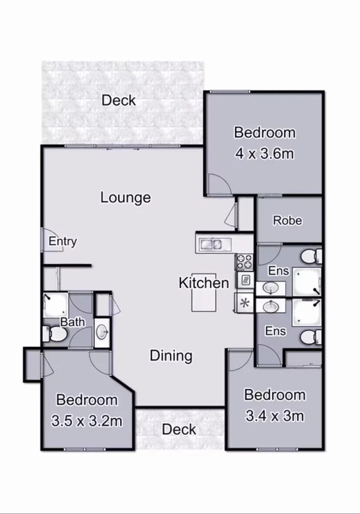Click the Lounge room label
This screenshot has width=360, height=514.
click(126, 198)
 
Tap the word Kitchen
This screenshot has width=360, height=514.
click(204, 283)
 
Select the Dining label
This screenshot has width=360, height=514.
click(171, 356)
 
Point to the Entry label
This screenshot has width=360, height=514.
click(62, 241)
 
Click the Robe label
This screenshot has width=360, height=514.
click(287, 220)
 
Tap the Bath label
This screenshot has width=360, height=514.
click(72, 322)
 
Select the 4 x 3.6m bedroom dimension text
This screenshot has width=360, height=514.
click(264, 154)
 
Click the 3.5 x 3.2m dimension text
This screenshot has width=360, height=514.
click(87, 421)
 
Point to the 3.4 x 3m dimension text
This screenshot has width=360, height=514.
click(275, 416)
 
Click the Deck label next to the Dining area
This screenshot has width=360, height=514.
click(179, 429)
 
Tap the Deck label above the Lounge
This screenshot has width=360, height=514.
click(119, 100)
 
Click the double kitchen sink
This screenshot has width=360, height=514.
click(211, 245)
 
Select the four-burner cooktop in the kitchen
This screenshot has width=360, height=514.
click(245, 261)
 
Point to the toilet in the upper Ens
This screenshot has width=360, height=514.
click(311, 256)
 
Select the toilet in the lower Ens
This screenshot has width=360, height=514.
click(311, 337)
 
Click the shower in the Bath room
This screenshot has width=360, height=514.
click(55, 305)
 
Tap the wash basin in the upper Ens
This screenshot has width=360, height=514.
click(270, 288)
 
